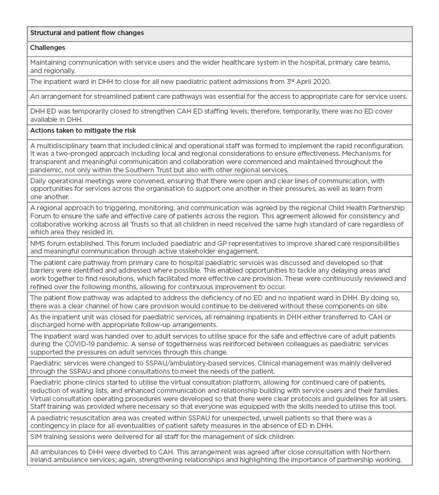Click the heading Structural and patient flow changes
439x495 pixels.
point(87,33)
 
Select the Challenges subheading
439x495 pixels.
point(48,48)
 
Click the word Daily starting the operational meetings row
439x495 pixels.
point(40,181)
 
